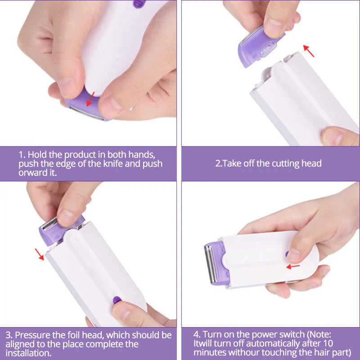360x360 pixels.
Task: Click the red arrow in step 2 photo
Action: [x=308, y=50]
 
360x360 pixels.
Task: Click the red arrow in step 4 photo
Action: [x=293, y=266]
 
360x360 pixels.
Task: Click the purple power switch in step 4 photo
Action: [x=287, y=254]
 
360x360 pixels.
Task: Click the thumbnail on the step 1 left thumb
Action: [x=66, y=87]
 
